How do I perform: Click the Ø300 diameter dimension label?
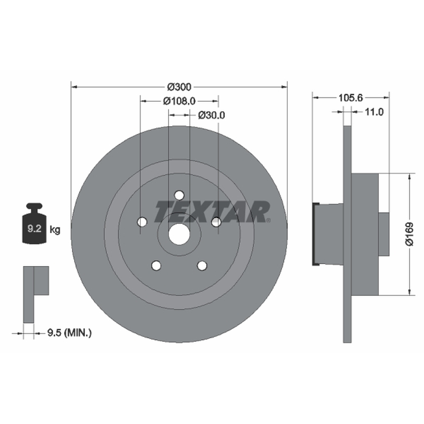(x=179, y=87)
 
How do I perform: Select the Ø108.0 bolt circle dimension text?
(x=179, y=101)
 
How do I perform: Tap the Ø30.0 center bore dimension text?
(x=211, y=115)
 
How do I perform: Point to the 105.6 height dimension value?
(x=350, y=98)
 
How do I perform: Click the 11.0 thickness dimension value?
(x=374, y=111)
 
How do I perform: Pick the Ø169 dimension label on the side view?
(x=409, y=234)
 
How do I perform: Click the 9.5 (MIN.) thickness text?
(x=69, y=332)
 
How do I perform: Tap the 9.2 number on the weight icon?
(x=34, y=229)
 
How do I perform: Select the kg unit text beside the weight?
(x=55, y=230)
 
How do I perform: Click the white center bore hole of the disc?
(x=179, y=234)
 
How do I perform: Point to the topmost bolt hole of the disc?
(x=179, y=195)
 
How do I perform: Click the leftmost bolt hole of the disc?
(x=142, y=222)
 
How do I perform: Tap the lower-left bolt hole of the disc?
(x=156, y=266)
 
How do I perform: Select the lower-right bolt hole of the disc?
(x=202, y=266)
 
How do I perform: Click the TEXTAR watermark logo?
(x=213, y=211)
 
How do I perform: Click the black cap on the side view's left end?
(x=315, y=234)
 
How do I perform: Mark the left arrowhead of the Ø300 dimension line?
(x=74, y=87)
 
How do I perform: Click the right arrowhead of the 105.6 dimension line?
(x=386, y=98)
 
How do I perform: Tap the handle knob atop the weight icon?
(x=34, y=207)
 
